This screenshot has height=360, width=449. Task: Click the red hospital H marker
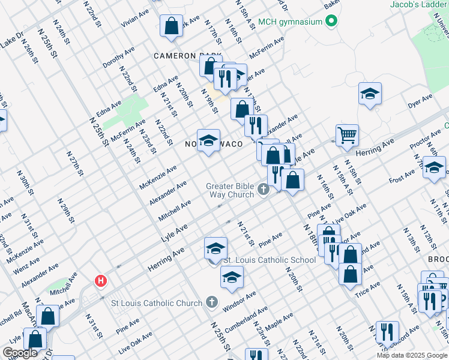[101, 280]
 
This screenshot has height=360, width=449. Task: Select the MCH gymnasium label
[290, 23]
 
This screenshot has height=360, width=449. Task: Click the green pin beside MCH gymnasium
[330, 23]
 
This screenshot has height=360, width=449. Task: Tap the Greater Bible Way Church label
[230, 190]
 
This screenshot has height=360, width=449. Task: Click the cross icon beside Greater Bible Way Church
[263, 191]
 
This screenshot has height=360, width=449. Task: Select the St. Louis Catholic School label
[270, 260]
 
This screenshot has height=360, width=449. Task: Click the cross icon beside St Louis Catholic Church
[211, 302]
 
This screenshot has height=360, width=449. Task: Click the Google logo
[20, 353]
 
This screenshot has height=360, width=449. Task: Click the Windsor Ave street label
[240, 301]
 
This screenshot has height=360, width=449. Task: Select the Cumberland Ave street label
[246, 317]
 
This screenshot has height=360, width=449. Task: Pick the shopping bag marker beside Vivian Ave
[171, 25]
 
